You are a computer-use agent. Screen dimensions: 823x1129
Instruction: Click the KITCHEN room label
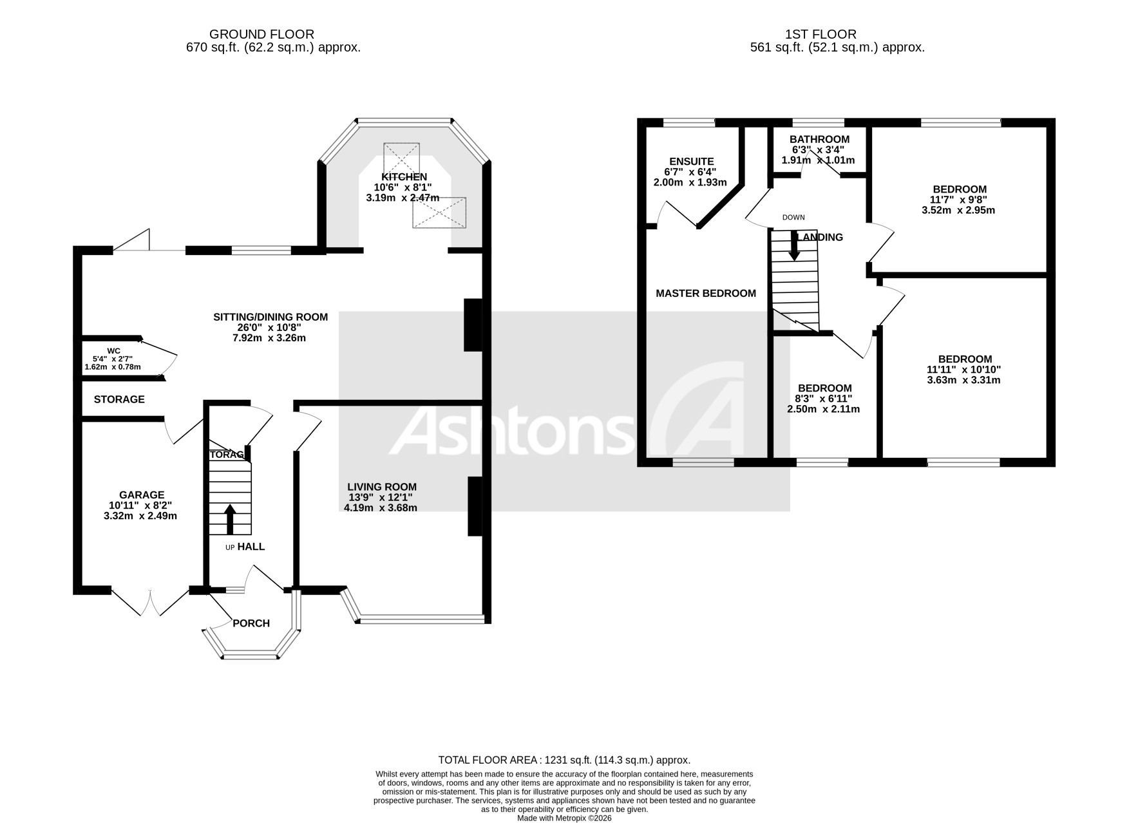tap(404, 177)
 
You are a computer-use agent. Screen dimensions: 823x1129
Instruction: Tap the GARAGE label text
tap(141, 495)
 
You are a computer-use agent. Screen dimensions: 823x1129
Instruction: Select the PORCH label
tap(251, 623)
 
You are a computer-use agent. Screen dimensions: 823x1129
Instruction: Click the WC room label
tap(113, 351)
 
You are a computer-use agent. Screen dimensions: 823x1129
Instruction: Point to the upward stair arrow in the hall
tap(229, 519)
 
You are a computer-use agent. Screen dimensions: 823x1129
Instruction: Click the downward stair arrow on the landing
tap(794, 246)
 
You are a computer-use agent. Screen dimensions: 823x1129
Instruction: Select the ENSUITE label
tap(691, 162)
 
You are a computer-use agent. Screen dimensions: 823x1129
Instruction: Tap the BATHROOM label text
tap(819, 139)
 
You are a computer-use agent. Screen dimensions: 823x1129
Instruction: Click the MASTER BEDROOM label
tap(705, 294)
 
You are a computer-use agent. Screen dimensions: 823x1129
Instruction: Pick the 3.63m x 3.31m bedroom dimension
tap(963, 380)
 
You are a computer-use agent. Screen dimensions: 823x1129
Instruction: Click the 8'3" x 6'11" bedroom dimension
tap(824, 399)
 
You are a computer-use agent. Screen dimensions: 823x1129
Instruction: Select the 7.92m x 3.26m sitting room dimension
tap(270, 337)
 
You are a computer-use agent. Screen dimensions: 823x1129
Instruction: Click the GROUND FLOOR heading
tap(261, 34)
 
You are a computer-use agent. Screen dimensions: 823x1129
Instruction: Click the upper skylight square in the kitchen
tap(401, 157)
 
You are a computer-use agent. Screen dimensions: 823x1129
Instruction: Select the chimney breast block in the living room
tap(475, 506)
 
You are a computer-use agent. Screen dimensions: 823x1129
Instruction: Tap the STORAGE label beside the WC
tap(119, 399)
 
